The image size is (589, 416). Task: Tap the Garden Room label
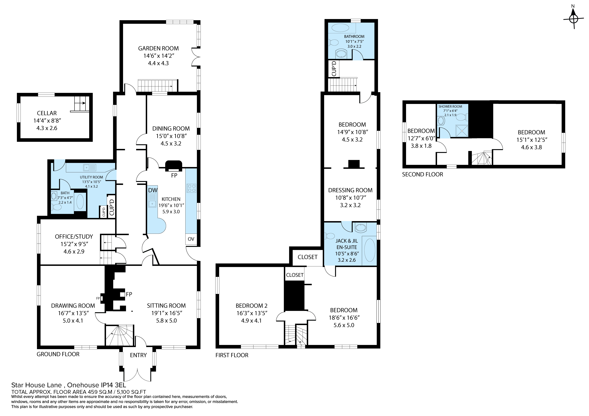(x=158, y=48)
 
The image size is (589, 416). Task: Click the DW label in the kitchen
(x=153, y=190)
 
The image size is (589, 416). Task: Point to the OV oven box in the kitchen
(x=191, y=239)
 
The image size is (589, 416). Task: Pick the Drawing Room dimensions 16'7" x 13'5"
(x=73, y=313)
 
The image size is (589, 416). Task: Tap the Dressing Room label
(x=350, y=190)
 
